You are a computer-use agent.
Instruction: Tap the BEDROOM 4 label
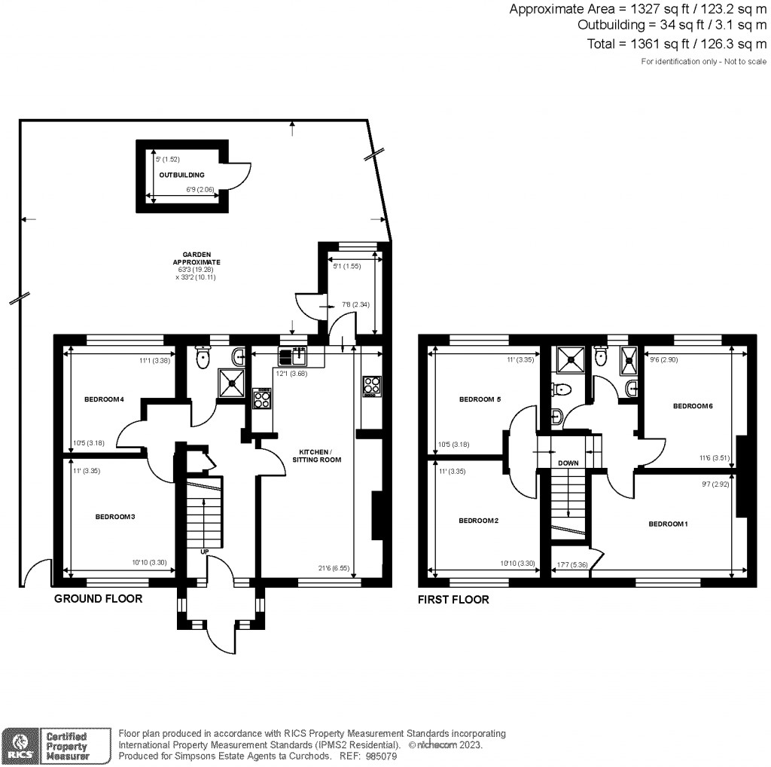click(x=104, y=399)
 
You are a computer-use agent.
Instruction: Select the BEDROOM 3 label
click(x=114, y=517)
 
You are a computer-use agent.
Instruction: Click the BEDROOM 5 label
click(x=479, y=399)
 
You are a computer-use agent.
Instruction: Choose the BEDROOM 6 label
click(x=693, y=406)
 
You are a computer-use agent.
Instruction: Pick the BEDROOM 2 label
click(x=478, y=521)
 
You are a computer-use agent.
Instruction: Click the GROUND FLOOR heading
click(x=98, y=599)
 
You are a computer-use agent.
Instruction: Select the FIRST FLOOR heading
click(x=453, y=600)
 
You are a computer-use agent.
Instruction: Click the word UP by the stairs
click(x=204, y=552)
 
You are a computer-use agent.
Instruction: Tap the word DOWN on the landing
click(x=568, y=463)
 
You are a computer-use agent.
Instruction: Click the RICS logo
click(x=21, y=745)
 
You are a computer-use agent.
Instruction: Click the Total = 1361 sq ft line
click(x=677, y=44)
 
